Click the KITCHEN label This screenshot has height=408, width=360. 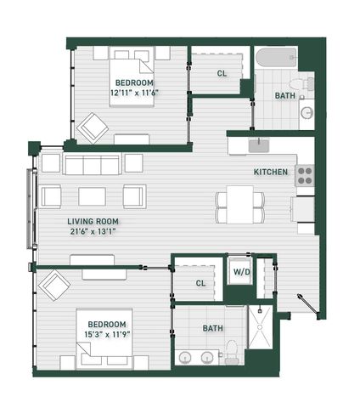(271, 172)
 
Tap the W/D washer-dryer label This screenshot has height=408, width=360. (241, 272)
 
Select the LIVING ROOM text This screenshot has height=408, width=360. (93, 221)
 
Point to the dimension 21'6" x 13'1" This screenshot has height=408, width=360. (93, 232)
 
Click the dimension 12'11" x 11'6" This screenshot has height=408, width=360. (134, 93)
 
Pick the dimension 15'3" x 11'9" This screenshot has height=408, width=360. (107, 335)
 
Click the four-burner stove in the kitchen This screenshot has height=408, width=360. (305, 175)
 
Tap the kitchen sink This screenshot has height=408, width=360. (259, 145)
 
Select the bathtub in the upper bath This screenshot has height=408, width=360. (276, 58)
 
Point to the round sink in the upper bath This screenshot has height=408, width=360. (307, 113)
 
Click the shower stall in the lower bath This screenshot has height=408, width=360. (260, 327)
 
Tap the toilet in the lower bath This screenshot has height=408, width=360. (232, 352)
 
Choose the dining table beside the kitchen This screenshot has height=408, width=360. (239, 205)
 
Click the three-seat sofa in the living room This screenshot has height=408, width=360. (92, 164)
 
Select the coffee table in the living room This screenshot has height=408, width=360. (92, 196)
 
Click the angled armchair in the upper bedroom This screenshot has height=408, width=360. (93, 128)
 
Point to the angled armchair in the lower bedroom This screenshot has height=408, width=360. (54, 286)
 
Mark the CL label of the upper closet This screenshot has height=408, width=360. (222, 74)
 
